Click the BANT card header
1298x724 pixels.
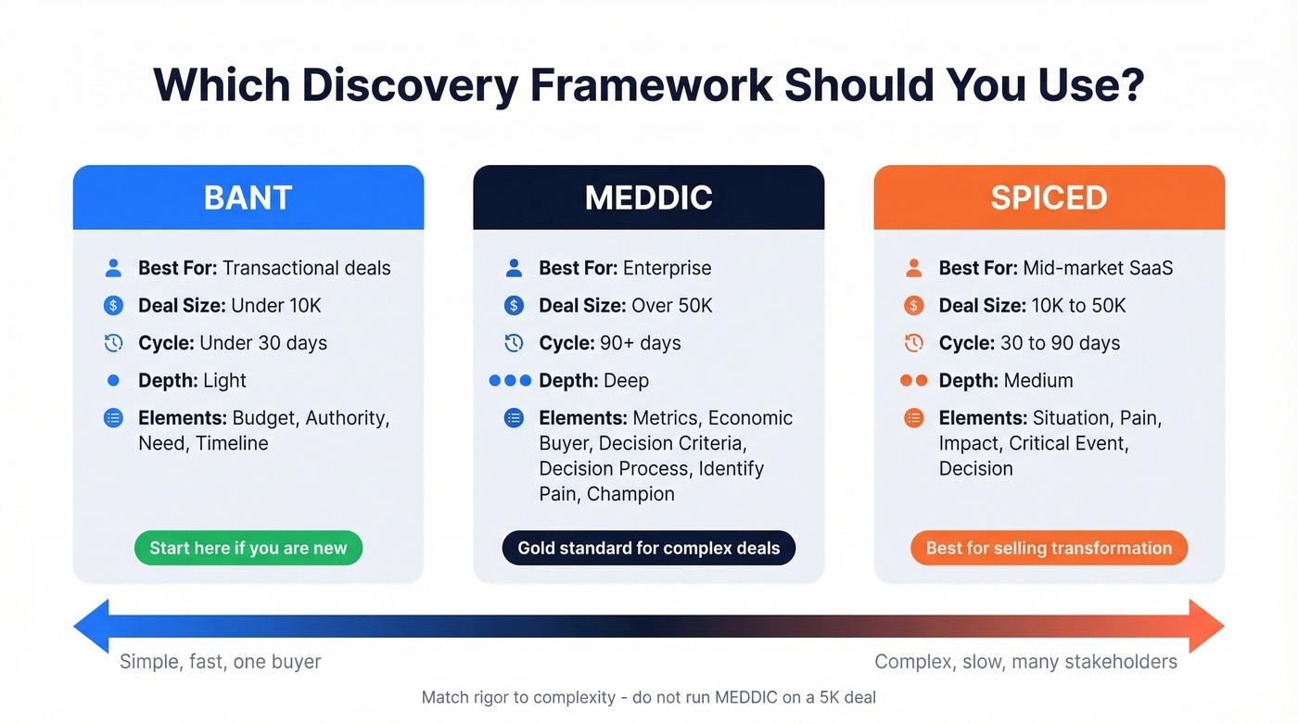pyautogui.click(x=248, y=197)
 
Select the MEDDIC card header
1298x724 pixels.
pyautogui.click(x=648, y=197)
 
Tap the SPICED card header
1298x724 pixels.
pyautogui.click(x=1049, y=197)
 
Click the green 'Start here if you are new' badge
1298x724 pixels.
pyautogui.click(x=248, y=548)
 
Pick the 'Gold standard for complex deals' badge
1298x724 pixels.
pyautogui.click(x=648, y=548)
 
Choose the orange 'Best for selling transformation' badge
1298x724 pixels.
pyautogui.click(x=1049, y=548)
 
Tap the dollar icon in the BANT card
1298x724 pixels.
pyautogui.click(x=113, y=306)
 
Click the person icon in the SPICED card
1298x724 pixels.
pyautogui.click(x=913, y=268)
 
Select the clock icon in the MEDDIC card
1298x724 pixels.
pyautogui.click(x=514, y=343)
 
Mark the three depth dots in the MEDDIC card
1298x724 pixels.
pyautogui.click(x=510, y=380)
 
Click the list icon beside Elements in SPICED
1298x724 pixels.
pyautogui.click(x=913, y=418)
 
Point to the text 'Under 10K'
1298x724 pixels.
pyautogui.click(x=276, y=306)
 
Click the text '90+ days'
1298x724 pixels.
pyautogui.click(x=641, y=343)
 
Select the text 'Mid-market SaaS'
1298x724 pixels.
pyautogui.click(x=1098, y=268)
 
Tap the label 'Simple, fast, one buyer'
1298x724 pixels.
pyautogui.click(x=221, y=662)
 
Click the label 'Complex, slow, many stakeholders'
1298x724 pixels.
pyautogui.click(x=1025, y=662)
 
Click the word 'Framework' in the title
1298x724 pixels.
pyautogui.click(x=651, y=85)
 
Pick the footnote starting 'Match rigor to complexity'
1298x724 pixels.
pyautogui.click(x=648, y=697)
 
